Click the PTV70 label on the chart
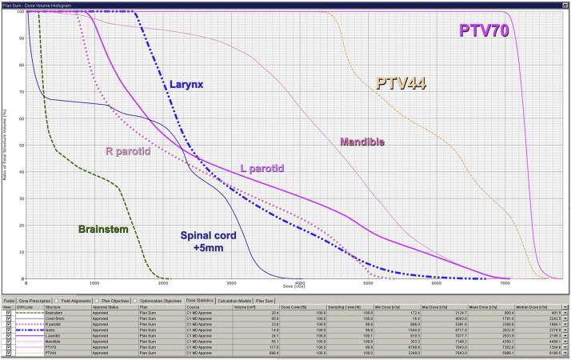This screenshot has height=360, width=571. pyautogui.click(x=484, y=31)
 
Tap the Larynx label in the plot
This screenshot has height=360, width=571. pyautogui.click(x=186, y=83)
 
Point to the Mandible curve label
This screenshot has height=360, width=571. pyautogui.click(x=362, y=142)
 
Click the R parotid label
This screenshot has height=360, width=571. pyautogui.click(x=131, y=150)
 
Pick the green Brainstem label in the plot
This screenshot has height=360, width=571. pyautogui.click(x=103, y=230)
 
